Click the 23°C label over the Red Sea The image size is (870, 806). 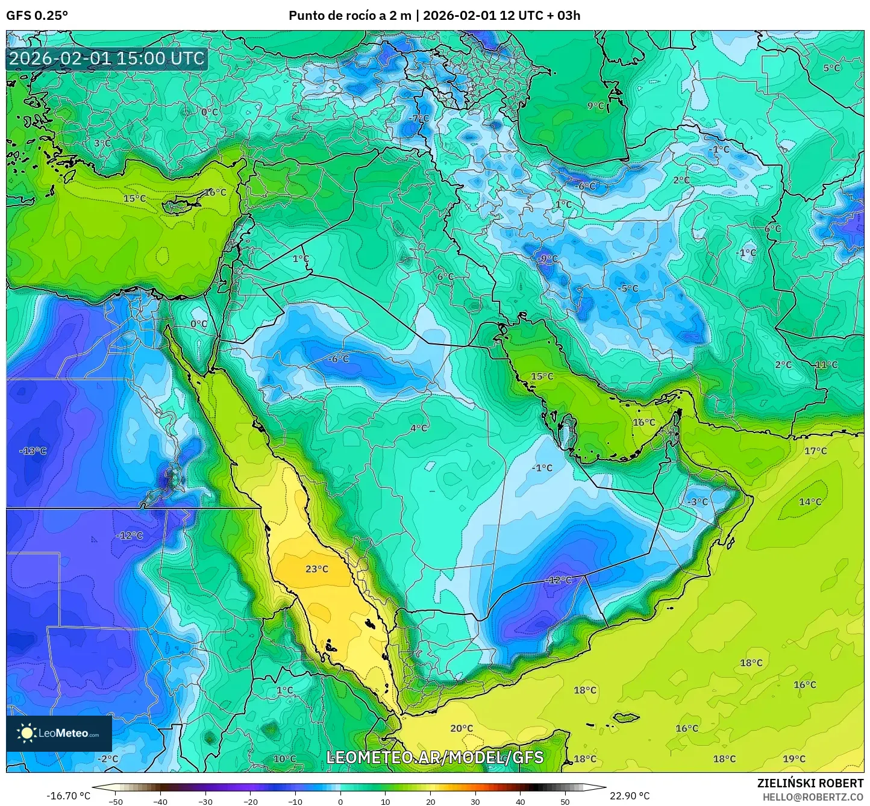pyautogui.click(x=316, y=569)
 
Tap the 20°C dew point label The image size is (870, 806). pyautogui.click(x=462, y=728)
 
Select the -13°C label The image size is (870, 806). pyautogui.click(x=33, y=451)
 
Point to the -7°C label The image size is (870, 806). pyautogui.click(x=419, y=119)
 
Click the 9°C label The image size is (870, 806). pyautogui.click(x=595, y=105)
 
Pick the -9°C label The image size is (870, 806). pyautogui.click(x=547, y=258)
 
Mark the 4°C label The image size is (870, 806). pyautogui.click(x=419, y=428)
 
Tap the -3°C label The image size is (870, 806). pyautogui.click(x=698, y=502)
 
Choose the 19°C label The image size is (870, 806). pyautogui.click(x=793, y=758)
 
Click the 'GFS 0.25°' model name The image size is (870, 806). pyautogui.click(x=37, y=16)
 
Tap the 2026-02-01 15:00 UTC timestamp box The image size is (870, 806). pyautogui.click(x=107, y=58)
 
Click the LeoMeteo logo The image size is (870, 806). pyautogui.click(x=59, y=733)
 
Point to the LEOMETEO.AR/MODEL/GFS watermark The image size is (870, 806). pyautogui.click(x=434, y=757)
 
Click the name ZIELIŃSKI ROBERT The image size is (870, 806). pyautogui.click(x=810, y=783)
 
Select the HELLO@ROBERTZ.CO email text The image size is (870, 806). pyautogui.click(x=813, y=796)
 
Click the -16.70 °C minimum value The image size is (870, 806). pyautogui.click(x=68, y=796)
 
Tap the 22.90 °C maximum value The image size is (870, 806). pyautogui.click(x=630, y=796)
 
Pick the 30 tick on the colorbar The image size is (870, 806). pyautogui.click(x=475, y=801)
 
